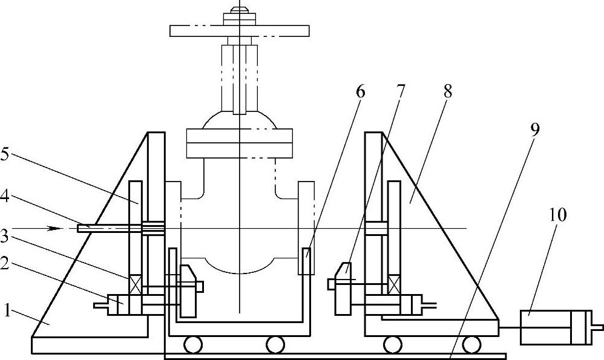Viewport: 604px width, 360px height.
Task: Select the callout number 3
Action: (x=6, y=234)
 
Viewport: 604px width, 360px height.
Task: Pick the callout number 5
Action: (x=6, y=155)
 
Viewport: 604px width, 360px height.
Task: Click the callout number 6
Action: (x=360, y=92)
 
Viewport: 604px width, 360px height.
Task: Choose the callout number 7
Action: (x=401, y=92)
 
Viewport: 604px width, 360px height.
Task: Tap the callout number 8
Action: (x=447, y=92)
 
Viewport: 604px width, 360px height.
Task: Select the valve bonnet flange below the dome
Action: (x=240, y=143)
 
